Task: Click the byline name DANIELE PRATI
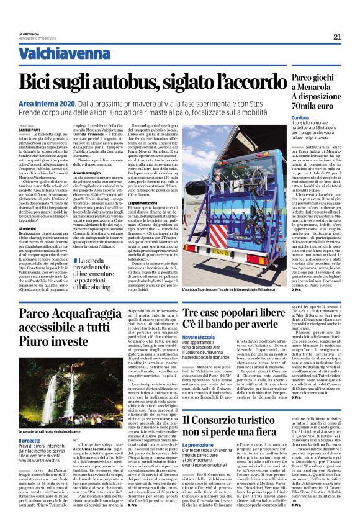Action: (30, 129)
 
